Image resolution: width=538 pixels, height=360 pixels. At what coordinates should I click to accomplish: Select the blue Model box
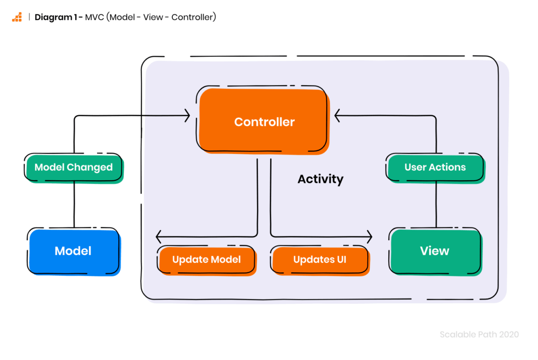click(x=73, y=251)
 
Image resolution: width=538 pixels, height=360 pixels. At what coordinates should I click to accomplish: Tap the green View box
click(x=434, y=251)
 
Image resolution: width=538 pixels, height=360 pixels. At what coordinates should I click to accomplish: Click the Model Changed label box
click(x=74, y=168)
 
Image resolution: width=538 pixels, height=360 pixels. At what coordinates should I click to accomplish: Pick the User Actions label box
click(x=435, y=168)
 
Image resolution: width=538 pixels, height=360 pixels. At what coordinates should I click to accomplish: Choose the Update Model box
click(x=206, y=260)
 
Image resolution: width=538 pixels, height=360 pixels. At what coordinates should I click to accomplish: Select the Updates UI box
click(x=319, y=260)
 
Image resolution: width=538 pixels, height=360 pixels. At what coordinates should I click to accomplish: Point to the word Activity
click(x=320, y=179)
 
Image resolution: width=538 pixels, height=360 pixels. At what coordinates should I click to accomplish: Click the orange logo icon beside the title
click(x=17, y=17)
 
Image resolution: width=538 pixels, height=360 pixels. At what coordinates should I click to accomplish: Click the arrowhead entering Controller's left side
click(x=187, y=116)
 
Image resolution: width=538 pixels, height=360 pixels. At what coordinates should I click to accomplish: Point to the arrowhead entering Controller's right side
click(x=338, y=116)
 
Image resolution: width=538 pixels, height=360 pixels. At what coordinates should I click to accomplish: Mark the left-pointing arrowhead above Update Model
click(x=160, y=236)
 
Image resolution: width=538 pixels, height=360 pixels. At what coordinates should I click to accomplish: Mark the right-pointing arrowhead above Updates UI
click(x=369, y=236)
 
